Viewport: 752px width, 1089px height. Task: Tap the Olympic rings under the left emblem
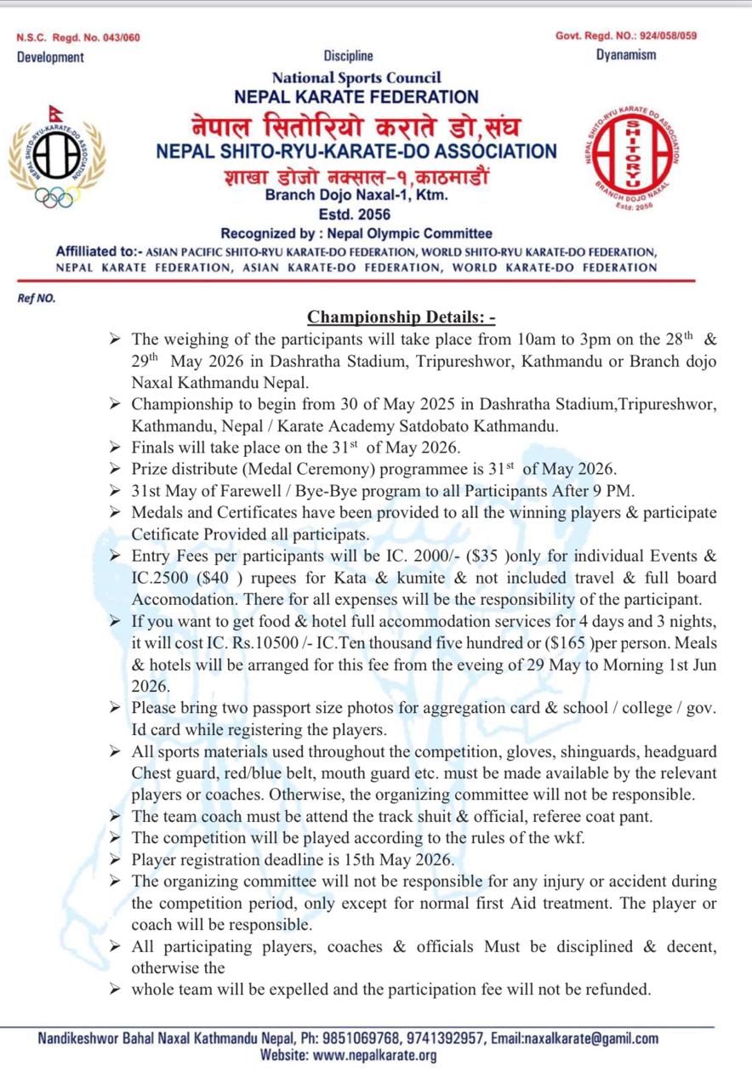56,197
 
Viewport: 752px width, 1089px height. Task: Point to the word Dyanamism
626,55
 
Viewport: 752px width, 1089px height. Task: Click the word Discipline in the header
348,56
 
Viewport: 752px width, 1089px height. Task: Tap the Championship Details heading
402,318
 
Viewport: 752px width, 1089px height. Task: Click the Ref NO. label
36,298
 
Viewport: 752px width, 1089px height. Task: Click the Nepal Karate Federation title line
356,97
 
